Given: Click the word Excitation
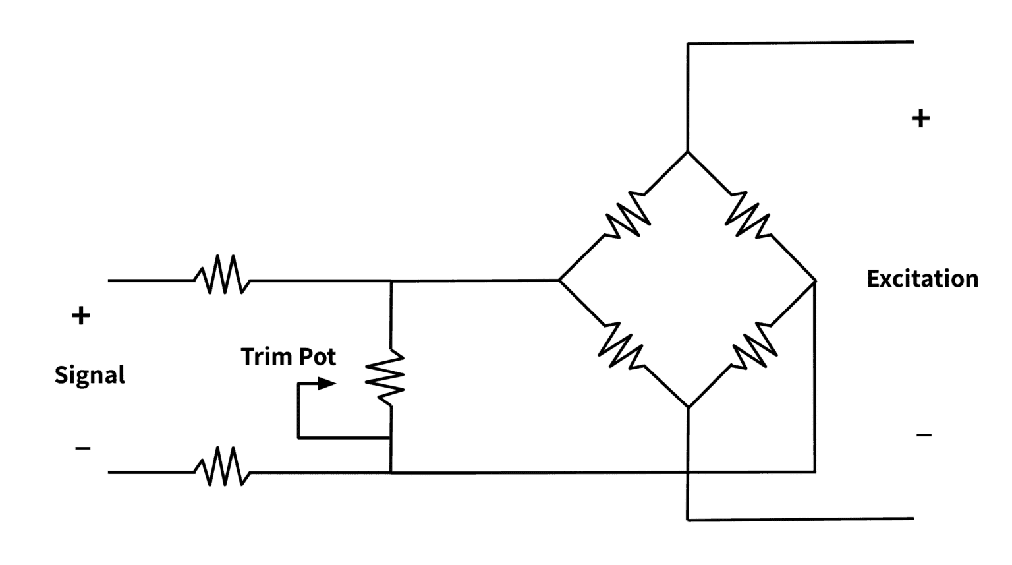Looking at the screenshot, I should (922, 279).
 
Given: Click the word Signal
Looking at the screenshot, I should (90, 375).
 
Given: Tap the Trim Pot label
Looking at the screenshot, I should (288, 357).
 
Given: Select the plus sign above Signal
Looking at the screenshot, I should (81, 316).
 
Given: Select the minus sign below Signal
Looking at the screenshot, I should (83, 449).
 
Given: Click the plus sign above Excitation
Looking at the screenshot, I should (920, 119).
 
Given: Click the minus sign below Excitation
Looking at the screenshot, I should (924, 435).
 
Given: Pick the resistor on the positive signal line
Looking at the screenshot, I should (223, 276).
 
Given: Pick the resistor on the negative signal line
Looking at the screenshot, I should (223, 467).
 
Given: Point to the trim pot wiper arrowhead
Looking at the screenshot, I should (327, 383).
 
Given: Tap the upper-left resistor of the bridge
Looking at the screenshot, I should (628, 214).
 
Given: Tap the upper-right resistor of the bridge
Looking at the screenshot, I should (748, 214).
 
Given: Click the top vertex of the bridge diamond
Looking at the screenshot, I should (688, 152).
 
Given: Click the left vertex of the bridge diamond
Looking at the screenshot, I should (559, 280).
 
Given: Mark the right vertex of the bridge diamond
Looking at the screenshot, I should (815, 282).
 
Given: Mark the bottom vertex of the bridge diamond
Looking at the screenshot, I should (688, 407).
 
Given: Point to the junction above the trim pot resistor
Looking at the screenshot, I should (391, 281).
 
